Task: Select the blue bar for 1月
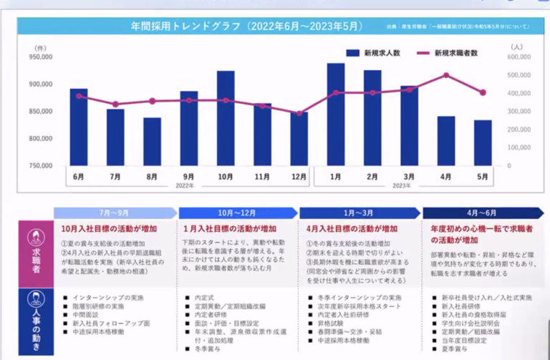tap(336, 115)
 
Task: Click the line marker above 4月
tap(446, 75)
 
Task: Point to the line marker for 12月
tap(299, 113)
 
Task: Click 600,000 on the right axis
tap(519, 57)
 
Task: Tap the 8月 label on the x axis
tap(152, 177)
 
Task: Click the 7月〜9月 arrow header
tap(115, 213)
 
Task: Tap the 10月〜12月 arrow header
tap(238, 213)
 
